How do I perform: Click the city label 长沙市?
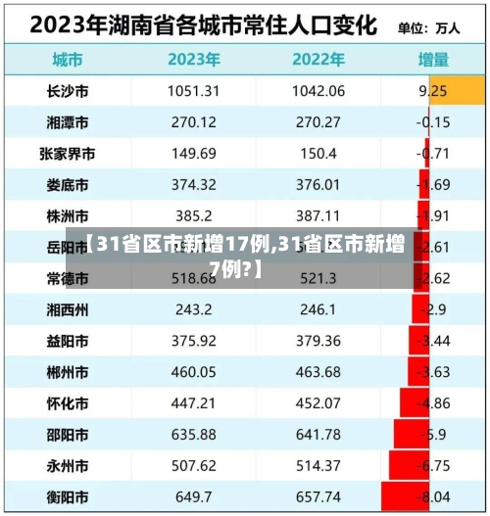pyautogui.click(x=68, y=91)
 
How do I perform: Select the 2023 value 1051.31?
pyautogui.click(x=193, y=91)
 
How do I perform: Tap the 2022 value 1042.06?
pyautogui.click(x=318, y=91)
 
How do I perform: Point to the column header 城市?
pyautogui.click(x=68, y=59)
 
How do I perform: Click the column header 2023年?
pyautogui.click(x=193, y=59)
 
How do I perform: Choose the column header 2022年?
pyautogui.click(x=318, y=59)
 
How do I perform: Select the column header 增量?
pyautogui.click(x=434, y=59)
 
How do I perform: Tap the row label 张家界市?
pyautogui.click(x=68, y=154)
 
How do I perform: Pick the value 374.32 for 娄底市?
pyautogui.click(x=193, y=185)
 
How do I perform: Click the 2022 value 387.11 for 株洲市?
pyautogui.click(x=318, y=216)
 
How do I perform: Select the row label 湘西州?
pyautogui.click(x=68, y=310)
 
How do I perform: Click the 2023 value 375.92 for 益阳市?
pyautogui.click(x=193, y=342)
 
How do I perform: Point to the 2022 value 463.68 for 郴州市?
pyautogui.click(x=318, y=373)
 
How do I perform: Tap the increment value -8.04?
pyautogui.click(x=435, y=497)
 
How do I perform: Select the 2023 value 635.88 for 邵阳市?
pyautogui.click(x=193, y=435)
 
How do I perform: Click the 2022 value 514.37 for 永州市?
pyautogui.click(x=318, y=466)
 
